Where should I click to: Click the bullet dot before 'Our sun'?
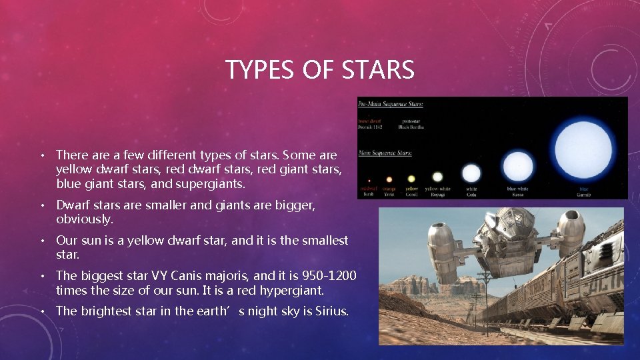click(x=41, y=241)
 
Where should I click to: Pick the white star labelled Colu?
click(x=471, y=173)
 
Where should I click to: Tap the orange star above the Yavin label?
click(x=389, y=179)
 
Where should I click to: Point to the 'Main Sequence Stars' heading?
click(x=385, y=153)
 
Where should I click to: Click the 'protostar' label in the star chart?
click(x=409, y=121)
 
